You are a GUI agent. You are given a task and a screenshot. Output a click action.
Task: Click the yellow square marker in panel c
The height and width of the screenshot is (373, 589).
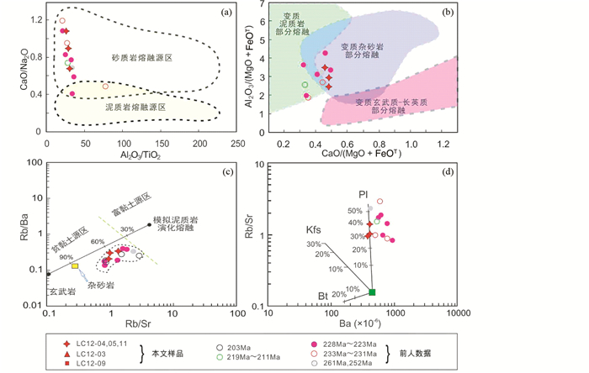(x=75, y=265)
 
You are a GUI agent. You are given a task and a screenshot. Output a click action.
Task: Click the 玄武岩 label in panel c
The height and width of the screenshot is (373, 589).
(x=60, y=292)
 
